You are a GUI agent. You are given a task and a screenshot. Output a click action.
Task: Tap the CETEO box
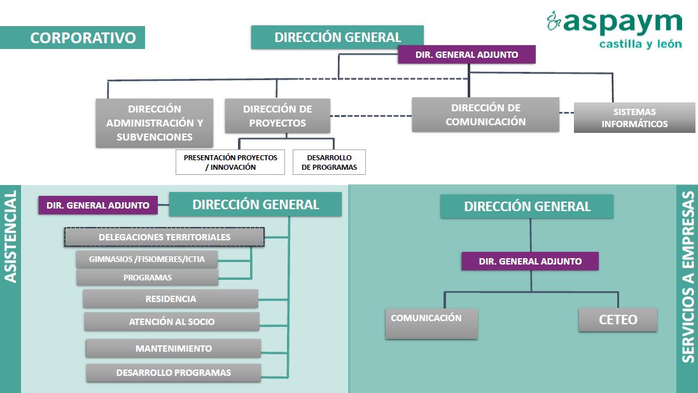coord(618,319)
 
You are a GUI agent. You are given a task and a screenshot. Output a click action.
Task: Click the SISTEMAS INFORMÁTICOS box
coord(634,118)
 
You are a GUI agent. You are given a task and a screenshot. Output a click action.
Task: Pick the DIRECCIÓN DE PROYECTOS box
coord(277,116)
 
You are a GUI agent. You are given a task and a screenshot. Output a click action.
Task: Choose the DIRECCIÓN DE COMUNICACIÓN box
coord(485,114)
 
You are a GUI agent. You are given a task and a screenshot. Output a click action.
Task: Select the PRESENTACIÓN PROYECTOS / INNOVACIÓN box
coord(230,162)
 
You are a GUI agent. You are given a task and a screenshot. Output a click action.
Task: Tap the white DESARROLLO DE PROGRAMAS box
coord(329,162)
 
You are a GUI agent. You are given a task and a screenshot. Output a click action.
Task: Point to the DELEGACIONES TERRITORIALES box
coord(164,237)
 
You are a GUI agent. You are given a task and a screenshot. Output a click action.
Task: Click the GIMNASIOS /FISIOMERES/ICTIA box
coord(147,259)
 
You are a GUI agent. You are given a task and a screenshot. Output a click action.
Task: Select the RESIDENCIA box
coord(171,299)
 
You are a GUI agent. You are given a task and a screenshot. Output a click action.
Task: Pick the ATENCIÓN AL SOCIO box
coord(172,322)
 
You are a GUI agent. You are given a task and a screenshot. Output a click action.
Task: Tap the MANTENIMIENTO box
coord(173,348)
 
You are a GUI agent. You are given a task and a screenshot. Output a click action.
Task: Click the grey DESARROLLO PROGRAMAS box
coord(173,373)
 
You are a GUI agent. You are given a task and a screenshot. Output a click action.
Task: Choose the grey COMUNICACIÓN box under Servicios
coord(431,323)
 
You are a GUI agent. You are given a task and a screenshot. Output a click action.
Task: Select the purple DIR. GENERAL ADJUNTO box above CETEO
coord(530,261)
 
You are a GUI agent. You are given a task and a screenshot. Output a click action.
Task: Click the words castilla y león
coord(641,44)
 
